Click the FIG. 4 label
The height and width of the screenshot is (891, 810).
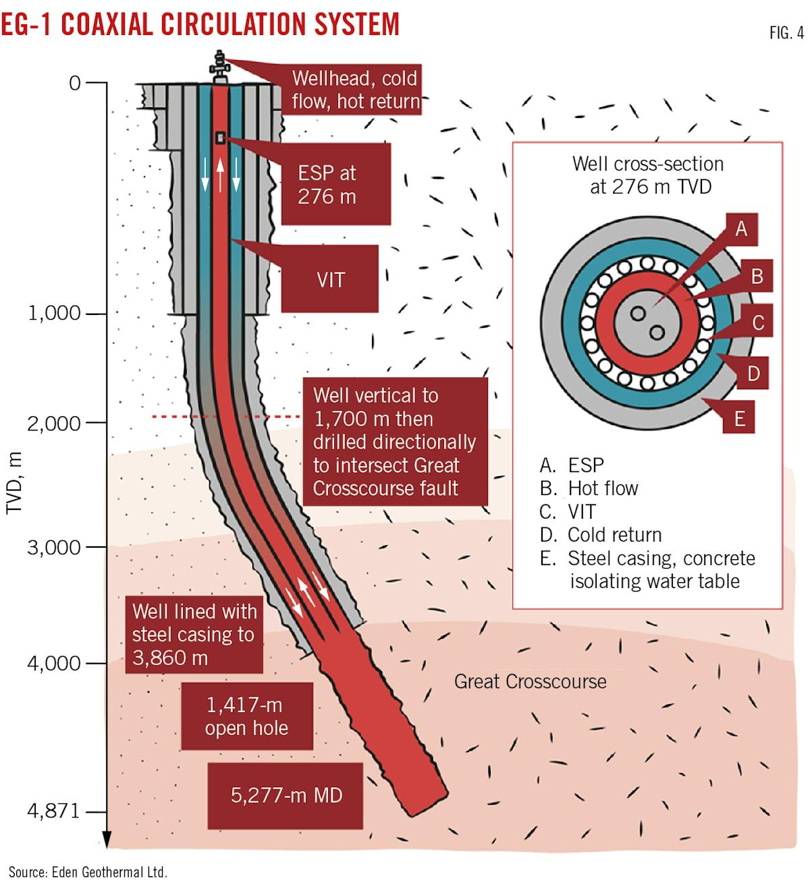(x=786, y=32)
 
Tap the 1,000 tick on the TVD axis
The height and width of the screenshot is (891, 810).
(x=54, y=314)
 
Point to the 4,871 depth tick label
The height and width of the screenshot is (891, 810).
(x=53, y=810)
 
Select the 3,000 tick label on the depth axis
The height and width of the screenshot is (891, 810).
(x=54, y=547)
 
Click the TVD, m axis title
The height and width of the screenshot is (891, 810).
(x=15, y=483)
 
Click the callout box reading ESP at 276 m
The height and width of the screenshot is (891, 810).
(x=335, y=185)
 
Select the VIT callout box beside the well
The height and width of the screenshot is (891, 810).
(x=330, y=279)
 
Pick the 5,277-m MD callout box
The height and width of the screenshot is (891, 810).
(x=286, y=795)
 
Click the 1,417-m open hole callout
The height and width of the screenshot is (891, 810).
(x=246, y=716)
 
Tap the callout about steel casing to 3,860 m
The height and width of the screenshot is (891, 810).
(x=194, y=634)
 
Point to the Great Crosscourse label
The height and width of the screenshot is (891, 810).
(x=530, y=681)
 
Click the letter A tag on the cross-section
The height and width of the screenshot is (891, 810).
(x=741, y=229)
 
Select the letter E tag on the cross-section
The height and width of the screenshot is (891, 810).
(x=739, y=419)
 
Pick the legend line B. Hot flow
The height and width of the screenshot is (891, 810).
(x=589, y=488)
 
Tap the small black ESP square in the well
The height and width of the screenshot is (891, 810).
(x=220, y=138)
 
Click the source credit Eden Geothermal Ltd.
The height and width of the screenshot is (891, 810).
(x=88, y=872)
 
